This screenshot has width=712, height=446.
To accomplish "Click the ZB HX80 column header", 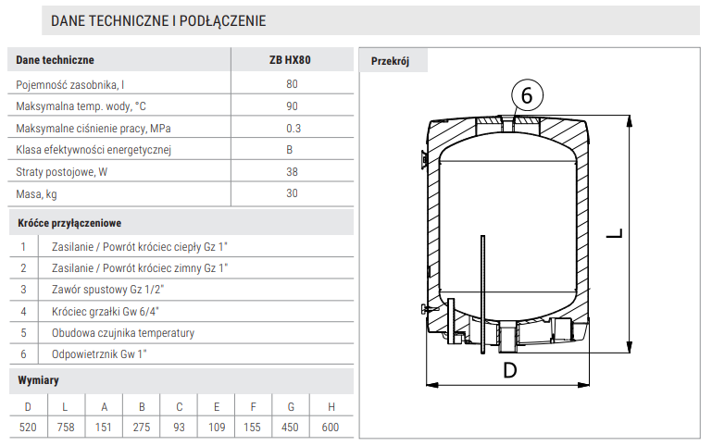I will [x=292, y=60].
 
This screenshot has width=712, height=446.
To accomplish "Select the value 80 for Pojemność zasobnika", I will [x=292, y=84].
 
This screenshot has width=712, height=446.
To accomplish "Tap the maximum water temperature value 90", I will [x=292, y=106].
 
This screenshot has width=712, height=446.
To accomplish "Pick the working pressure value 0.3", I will [x=293, y=129].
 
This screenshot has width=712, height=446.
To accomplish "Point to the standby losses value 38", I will [x=292, y=172].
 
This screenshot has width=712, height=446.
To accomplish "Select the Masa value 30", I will [x=292, y=193].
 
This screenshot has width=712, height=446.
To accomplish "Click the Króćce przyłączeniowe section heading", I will [x=69, y=223].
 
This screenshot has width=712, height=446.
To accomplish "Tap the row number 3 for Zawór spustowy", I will [x=23, y=290].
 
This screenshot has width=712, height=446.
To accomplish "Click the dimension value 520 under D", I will [x=27, y=427].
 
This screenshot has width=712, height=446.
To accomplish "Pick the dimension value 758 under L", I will [x=65, y=427].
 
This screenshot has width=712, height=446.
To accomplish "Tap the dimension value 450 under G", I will [x=291, y=427].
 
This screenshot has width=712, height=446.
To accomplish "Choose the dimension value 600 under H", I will [x=329, y=427].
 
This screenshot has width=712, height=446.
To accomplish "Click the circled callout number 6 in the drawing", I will [x=526, y=95].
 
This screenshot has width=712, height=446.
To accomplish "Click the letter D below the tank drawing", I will [x=509, y=372].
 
